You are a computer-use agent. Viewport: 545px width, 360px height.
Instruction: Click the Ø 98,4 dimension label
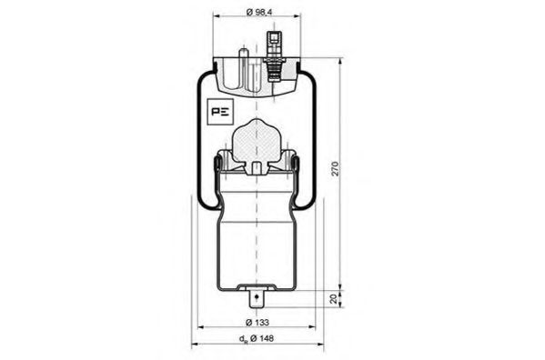[x=259, y=12]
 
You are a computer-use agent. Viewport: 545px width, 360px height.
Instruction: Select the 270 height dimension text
[x=335, y=168]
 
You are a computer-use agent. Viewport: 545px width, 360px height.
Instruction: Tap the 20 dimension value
[x=334, y=298]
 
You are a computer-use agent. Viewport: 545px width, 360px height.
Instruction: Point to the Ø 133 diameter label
[x=257, y=322]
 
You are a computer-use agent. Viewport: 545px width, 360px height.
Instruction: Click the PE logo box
[x=220, y=112]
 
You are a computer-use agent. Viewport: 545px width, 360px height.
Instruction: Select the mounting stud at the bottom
[x=257, y=298]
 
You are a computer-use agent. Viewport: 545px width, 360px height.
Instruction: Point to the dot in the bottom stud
[x=257, y=296]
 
